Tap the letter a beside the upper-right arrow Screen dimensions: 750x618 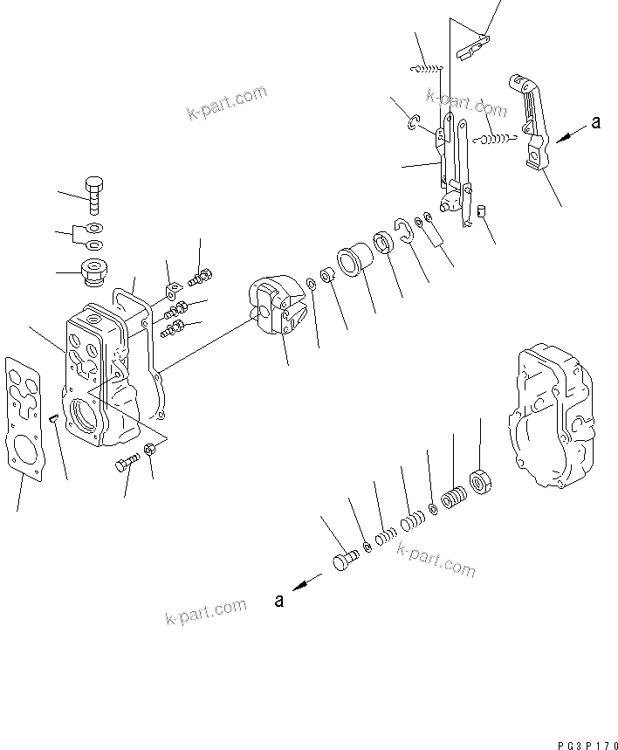point(595,123)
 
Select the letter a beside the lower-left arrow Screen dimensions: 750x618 point(279,600)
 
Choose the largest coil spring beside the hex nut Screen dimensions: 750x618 point(454,503)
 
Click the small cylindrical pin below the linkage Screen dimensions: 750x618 point(479,210)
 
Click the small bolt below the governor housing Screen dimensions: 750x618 point(127,463)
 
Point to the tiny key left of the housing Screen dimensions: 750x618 point(54,418)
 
